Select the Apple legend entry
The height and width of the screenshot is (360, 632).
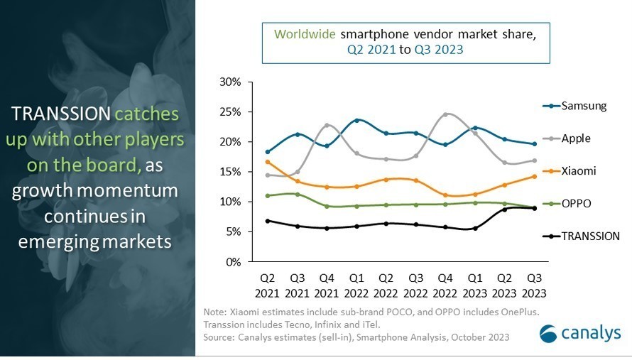[x=576, y=138]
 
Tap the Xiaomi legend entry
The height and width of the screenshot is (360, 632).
[x=579, y=171]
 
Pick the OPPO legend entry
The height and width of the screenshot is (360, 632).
[x=577, y=203]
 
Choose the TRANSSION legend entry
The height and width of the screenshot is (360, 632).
[x=590, y=236]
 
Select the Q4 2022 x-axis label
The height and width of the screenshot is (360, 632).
[x=445, y=285]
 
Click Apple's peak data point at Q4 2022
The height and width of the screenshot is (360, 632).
[x=445, y=114]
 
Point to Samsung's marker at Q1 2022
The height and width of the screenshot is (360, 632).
[x=356, y=120]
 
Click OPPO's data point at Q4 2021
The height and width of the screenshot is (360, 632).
[x=326, y=207]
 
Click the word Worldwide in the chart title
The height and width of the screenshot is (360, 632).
[x=305, y=33]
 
